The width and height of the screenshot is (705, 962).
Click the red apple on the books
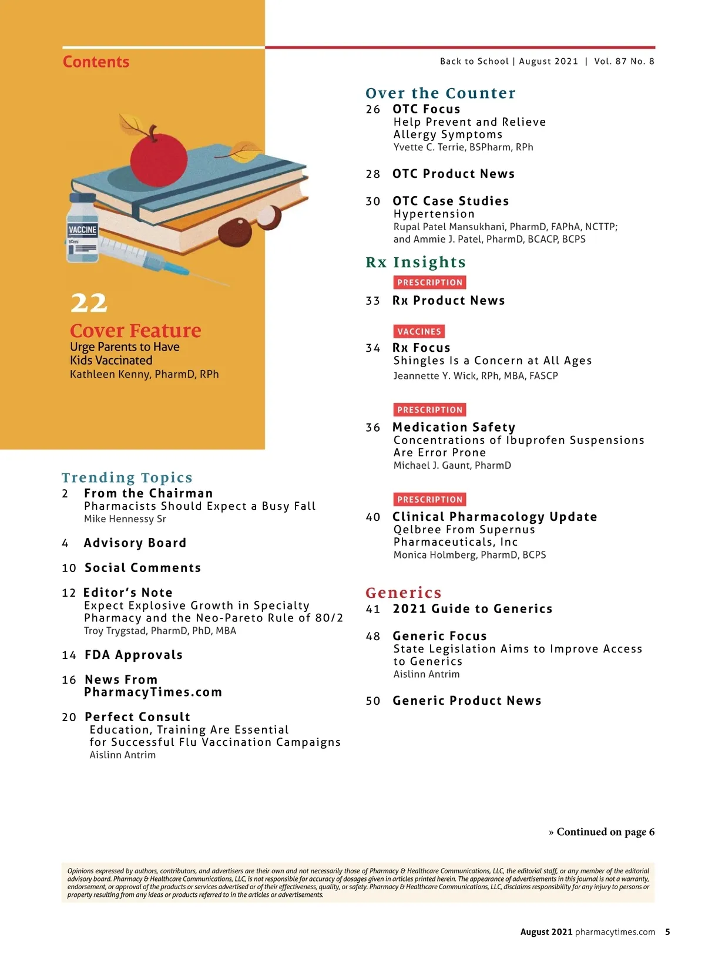click(158, 157)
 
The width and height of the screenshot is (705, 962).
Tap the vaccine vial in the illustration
click(82, 230)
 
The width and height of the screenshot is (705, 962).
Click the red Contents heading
click(96, 62)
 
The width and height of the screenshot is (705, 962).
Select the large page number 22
click(89, 303)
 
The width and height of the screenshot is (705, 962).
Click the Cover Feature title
click(136, 331)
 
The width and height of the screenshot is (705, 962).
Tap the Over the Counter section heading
click(440, 93)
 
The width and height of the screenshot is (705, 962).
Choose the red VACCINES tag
click(419, 331)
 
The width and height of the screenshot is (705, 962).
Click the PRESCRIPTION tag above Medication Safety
click(429, 410)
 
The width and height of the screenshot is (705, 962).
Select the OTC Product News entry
click(453, 174)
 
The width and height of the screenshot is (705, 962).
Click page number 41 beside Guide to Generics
click(373, 609)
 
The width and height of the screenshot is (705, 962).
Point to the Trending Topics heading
click(127, 477)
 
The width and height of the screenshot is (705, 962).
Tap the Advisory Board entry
click(135, 543)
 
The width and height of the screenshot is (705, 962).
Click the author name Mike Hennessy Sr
click(125, 519)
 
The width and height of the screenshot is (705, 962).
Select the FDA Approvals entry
click(133, 655)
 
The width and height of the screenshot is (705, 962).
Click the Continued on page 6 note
click(602, 832)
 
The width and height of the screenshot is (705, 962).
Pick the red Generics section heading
click(403, 593)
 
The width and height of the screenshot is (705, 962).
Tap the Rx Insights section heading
click(415, 263)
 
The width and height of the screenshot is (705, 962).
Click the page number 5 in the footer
click(667, 932)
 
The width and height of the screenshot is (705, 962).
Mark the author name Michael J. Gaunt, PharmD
click(452, 466)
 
